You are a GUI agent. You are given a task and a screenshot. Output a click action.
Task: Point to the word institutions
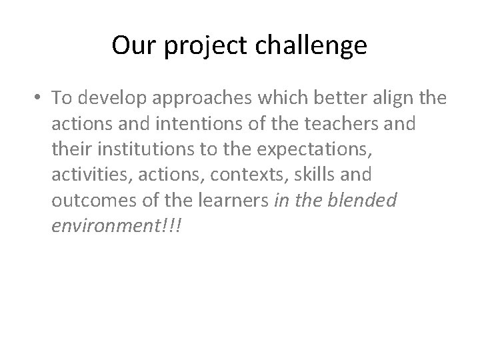tap(132, 149)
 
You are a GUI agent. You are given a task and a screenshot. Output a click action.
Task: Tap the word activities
tap(84, 175)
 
